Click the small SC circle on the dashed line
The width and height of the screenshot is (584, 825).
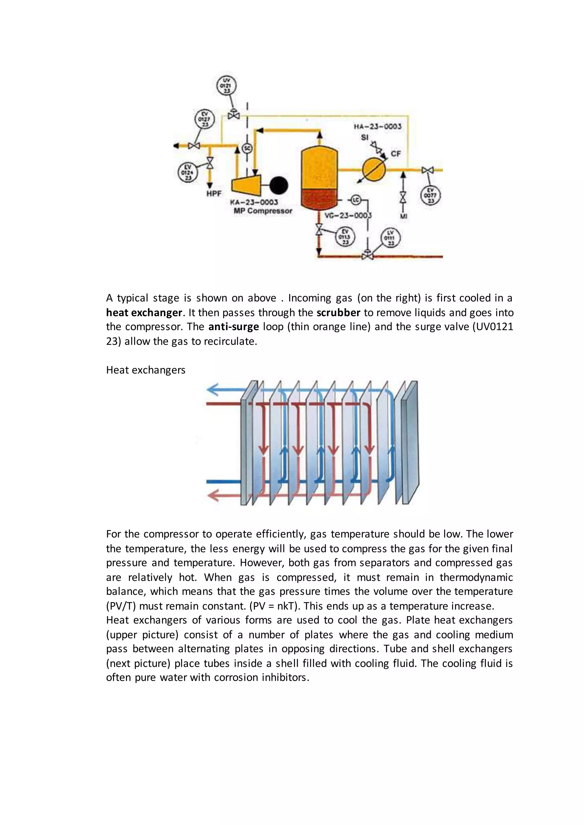tap(247, 148)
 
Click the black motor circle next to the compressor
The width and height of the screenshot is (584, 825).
tap(279, 186)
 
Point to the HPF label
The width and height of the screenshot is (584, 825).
tap(214, 194)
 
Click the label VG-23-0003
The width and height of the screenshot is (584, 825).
tap(348, 216)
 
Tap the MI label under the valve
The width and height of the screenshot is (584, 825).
tap(403, 216)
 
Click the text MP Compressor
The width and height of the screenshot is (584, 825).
tap(263, 211)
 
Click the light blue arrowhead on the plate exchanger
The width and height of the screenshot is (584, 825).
tap(214, 389)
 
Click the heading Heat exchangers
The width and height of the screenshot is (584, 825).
tap(146, 370)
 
